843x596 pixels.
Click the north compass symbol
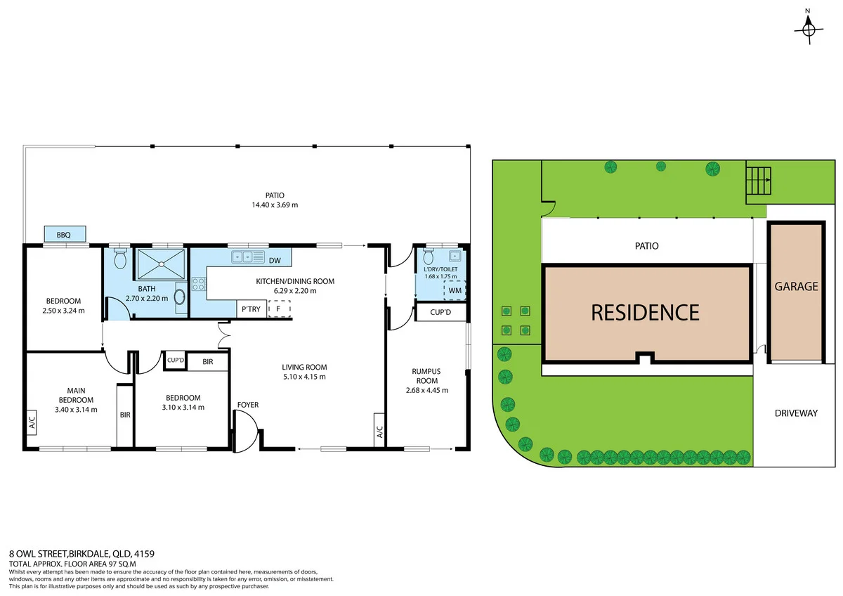[x=808, y=29]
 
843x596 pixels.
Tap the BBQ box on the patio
[x=65, y=234]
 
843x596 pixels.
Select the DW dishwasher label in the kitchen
[x=275, y=261]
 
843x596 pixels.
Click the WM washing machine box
[x=455, y=290]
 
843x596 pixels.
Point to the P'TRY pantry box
[x=251, y=309]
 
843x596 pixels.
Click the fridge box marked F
[x=279, y=309]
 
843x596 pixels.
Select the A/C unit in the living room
[x=379, y=429]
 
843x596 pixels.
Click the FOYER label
[x=247, y=405]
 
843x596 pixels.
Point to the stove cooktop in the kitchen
[x=199, y=285]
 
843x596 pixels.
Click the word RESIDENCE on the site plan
[x=645, y=312]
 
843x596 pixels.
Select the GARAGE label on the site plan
[x=796, y=287]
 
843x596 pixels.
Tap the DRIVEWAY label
[x=796, y=413]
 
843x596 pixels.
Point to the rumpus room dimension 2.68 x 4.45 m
[x=427, y=390]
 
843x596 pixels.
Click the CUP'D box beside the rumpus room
[x=441, y=312]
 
